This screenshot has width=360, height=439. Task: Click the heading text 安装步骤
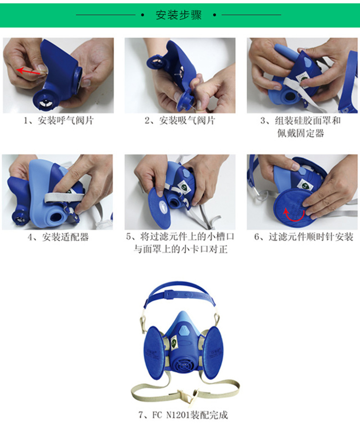[x=179, y=15]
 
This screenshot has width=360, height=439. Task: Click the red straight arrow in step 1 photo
[x=28, y=72]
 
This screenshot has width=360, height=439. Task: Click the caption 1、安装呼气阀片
[x=58, y=121]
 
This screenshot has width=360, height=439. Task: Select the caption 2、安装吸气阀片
[x=180, y=121]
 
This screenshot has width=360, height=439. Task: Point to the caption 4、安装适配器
[x=58, y=237]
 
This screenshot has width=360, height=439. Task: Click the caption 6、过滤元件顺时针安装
[x=303, y=237]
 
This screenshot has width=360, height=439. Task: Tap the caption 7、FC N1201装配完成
[x=183, y=415]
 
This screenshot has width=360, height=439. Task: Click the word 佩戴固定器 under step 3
[x=300, y=133]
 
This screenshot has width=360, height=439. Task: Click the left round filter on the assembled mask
[x=154, y=353]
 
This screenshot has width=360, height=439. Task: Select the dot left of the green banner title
[x=143, y=15]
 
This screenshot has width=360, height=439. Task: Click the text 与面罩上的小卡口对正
[x=180, y=249]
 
